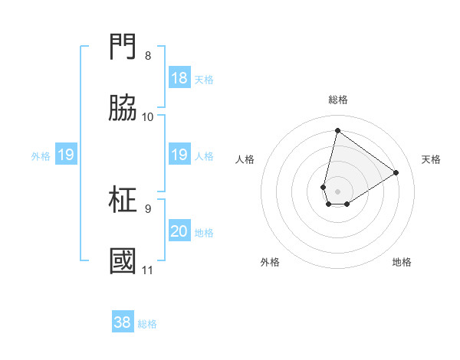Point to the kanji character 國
[x=123, y=260]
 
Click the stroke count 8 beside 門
[x=148, y=56]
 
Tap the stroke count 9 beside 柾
[x=148, y=208]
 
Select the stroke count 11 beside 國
[x=148, y=270]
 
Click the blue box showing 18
[x=179, y=78]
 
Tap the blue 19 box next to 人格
[x=179, y=155]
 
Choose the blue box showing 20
[x=179, y=231]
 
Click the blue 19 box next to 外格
[x=65, y=155]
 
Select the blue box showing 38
[x=123, y=322]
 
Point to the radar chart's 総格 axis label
[x=338, y=100]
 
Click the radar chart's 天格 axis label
[x=431, y=159]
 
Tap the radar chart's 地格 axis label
[x=402, y=262]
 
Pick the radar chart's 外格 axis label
[x=270, y=262]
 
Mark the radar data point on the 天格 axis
[x=396, y=172]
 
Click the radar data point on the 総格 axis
[x=337, y=130]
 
